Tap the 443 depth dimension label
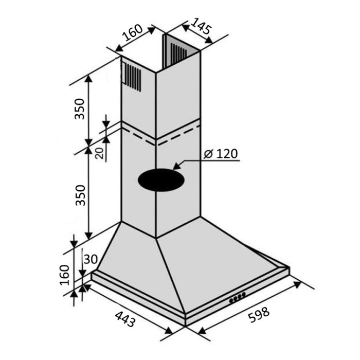pos(125,319)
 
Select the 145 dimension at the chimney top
pos(201,26)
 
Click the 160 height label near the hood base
pos(64,275)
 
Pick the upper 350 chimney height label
pos(80,109)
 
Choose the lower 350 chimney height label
pos(81,195)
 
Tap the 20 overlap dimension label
pos(99,153)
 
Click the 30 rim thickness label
pos(91,259)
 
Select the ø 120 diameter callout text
pos(221,154)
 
